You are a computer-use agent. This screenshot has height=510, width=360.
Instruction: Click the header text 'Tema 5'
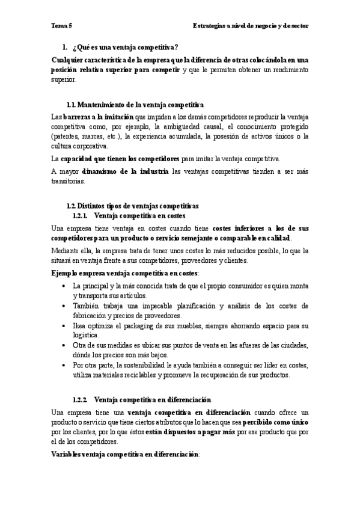[x=61, y=26]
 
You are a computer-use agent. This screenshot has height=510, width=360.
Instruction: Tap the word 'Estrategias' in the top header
[x=210, y=26]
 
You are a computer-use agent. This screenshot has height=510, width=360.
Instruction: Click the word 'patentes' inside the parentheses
[x=66, y=137]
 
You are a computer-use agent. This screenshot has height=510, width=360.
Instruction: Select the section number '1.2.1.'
[x=80, y=215]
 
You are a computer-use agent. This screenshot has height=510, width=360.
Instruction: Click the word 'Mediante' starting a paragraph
[x=64, y=251]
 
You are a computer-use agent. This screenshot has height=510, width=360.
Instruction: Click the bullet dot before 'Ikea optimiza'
[x=64, y=326]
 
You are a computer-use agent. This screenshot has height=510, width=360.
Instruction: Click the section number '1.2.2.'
[x=80, y=400]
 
